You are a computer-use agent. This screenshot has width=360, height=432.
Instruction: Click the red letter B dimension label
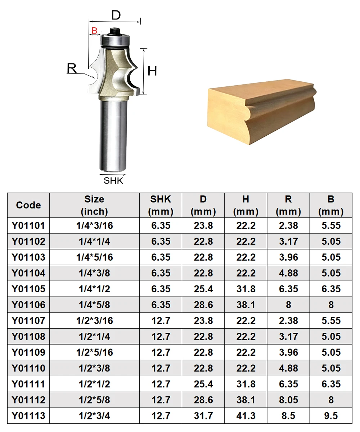(x=94, y=31)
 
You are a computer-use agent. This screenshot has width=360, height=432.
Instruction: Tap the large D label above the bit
(x=116, y=15)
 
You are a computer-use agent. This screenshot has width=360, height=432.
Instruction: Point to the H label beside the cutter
(x=152, y=71)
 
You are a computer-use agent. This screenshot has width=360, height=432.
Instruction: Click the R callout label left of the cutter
(x=72, y=68)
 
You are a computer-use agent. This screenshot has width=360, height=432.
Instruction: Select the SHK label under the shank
(x=113, y=181)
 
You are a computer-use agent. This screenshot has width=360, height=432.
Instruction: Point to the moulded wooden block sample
(x=262, y=111)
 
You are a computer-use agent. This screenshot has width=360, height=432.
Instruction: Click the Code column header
(x=28, y=205)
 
